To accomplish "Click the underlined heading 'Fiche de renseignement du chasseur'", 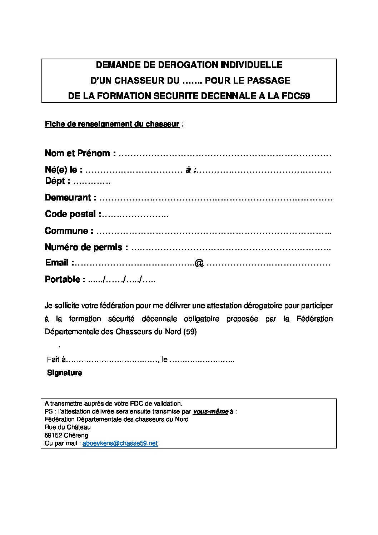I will point(112,124).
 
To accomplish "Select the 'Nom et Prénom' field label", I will point(80,154).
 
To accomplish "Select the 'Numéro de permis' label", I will point(86,247).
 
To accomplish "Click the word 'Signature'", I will point(65,373).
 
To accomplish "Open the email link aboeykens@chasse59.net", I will point(120,444).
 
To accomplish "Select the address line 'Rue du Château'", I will point(68,427).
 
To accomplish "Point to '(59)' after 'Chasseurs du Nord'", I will point(189,332).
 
